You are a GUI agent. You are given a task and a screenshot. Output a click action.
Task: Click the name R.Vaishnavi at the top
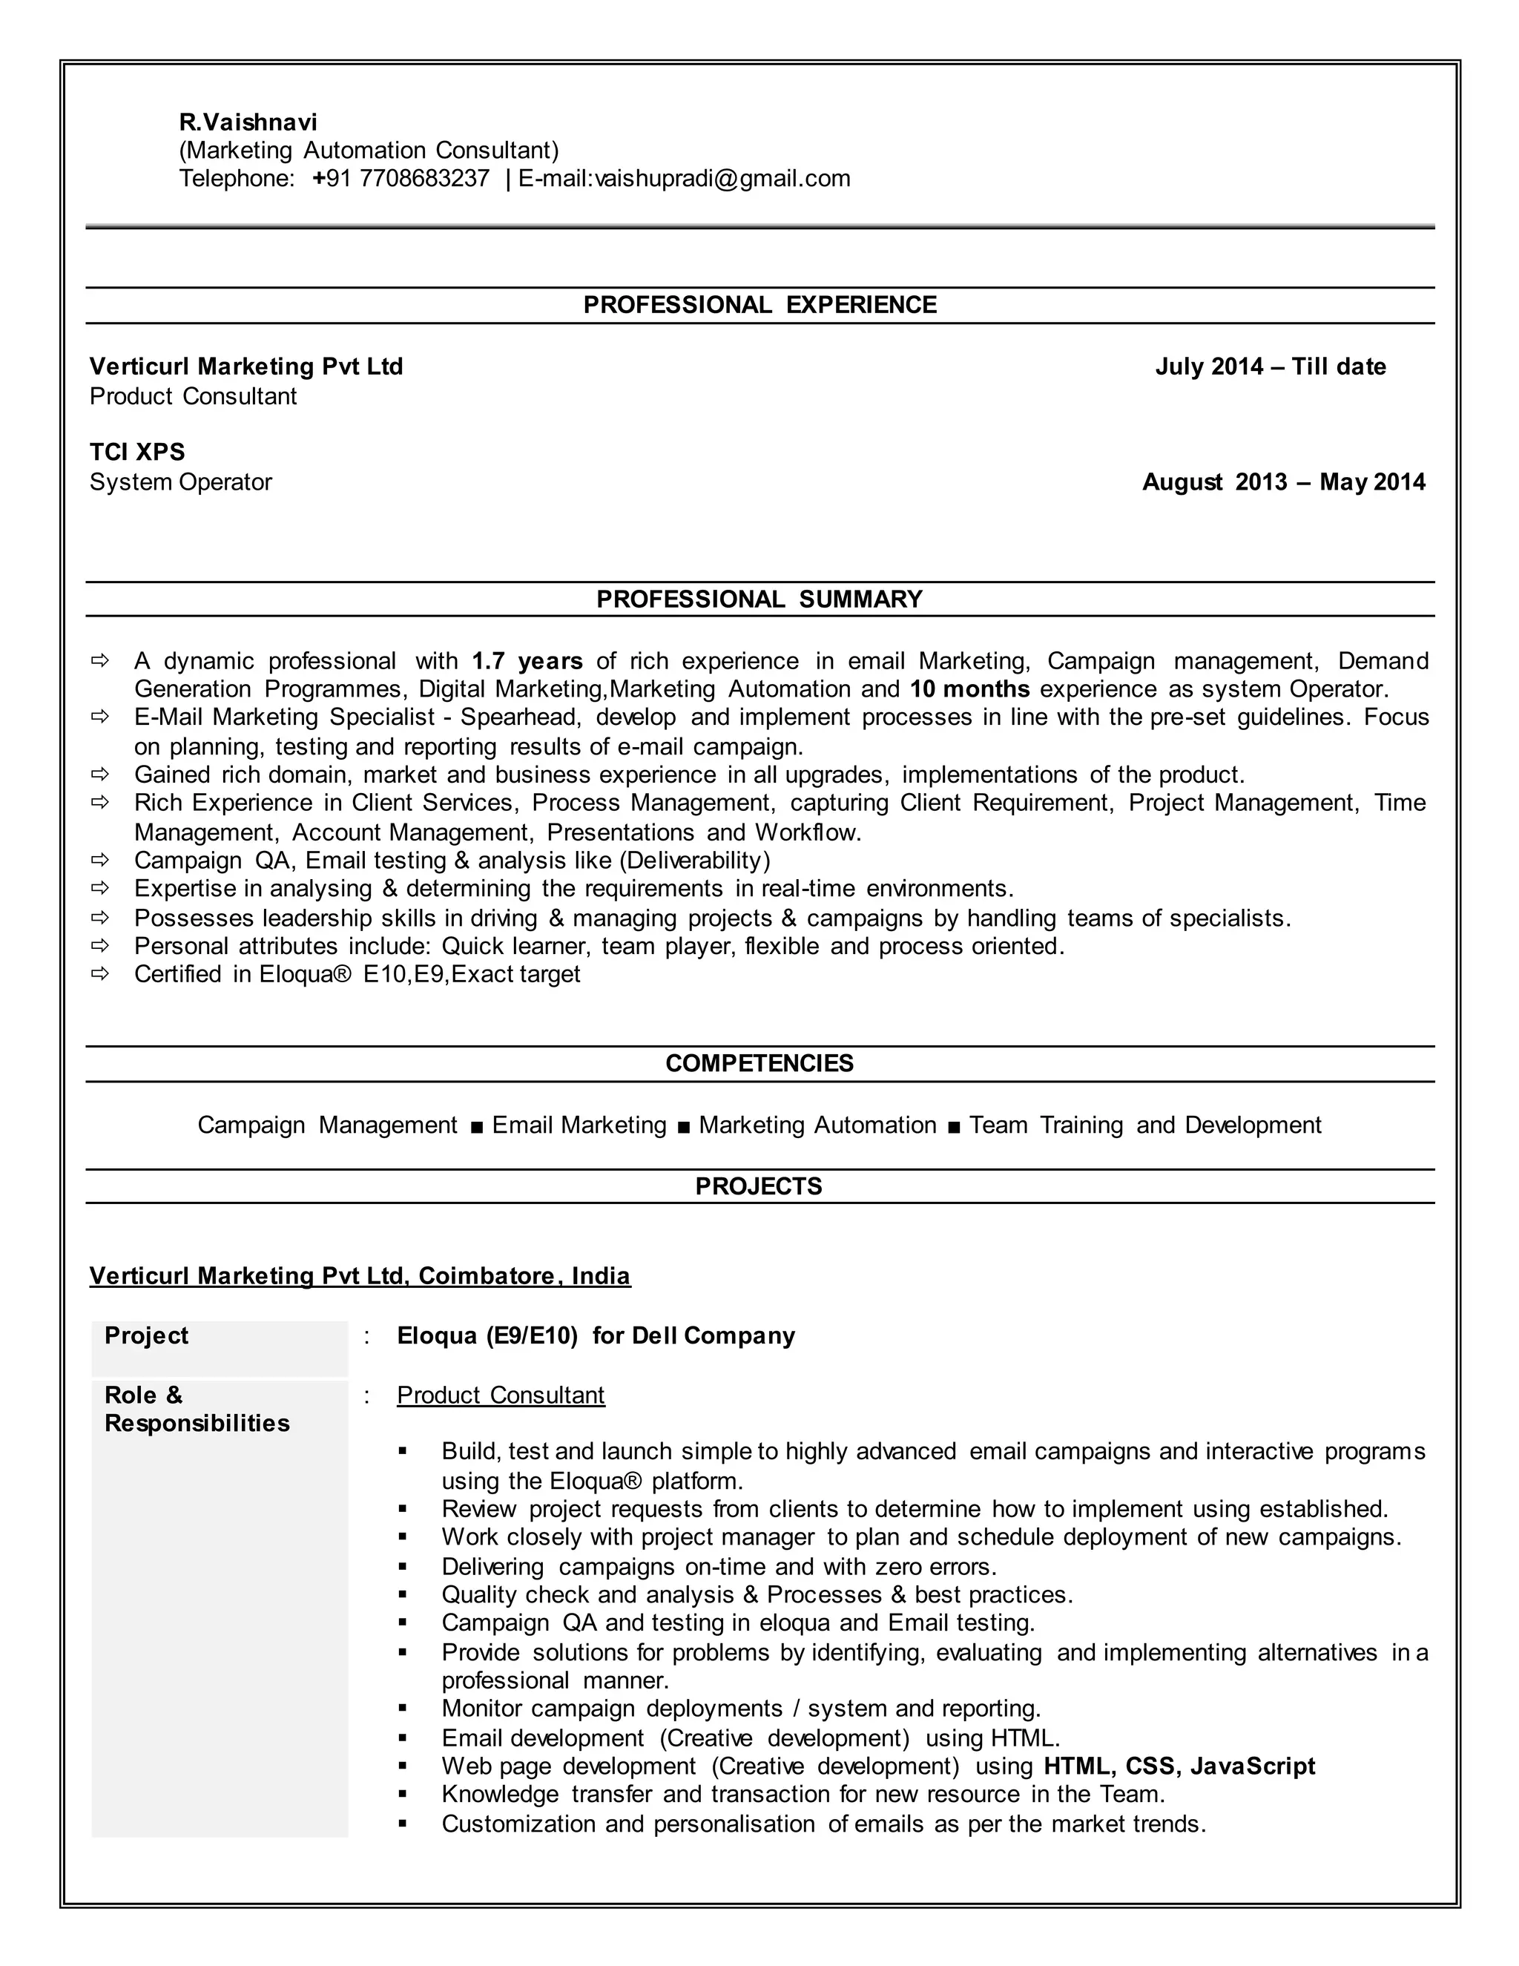248,122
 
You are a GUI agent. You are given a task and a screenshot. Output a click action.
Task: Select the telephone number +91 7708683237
401,178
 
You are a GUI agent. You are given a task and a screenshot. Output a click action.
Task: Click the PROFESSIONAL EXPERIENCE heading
759,305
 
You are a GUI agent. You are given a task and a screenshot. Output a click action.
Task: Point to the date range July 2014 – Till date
1270,366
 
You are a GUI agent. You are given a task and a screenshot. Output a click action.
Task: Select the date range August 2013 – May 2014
1283,481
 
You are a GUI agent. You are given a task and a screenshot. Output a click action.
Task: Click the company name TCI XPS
136,452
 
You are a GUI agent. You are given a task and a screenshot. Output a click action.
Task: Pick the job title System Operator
180,481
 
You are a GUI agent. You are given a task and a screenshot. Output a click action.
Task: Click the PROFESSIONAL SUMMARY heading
759,599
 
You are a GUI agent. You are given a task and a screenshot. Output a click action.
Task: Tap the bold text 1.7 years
527,662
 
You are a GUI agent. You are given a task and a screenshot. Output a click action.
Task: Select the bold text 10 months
969,689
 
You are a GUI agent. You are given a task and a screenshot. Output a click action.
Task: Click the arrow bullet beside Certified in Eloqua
100,974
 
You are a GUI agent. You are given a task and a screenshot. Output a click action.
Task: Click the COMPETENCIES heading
759,1063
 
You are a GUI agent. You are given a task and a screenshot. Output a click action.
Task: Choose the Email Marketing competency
579,1125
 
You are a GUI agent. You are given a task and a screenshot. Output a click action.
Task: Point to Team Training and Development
1144,1125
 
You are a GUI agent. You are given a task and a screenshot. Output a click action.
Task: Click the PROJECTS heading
759,1186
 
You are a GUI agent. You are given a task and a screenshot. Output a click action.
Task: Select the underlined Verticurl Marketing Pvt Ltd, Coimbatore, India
360,1277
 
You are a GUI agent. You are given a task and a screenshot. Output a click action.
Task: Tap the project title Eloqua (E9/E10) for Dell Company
596,1336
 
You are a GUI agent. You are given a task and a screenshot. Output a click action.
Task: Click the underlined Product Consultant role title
501,1395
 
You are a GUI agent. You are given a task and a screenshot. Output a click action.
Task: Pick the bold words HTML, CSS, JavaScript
1179,1766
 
